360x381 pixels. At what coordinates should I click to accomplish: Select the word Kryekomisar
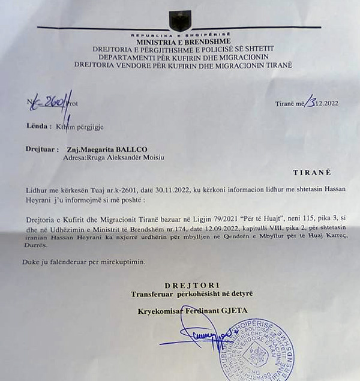click(x=160, y=311)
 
